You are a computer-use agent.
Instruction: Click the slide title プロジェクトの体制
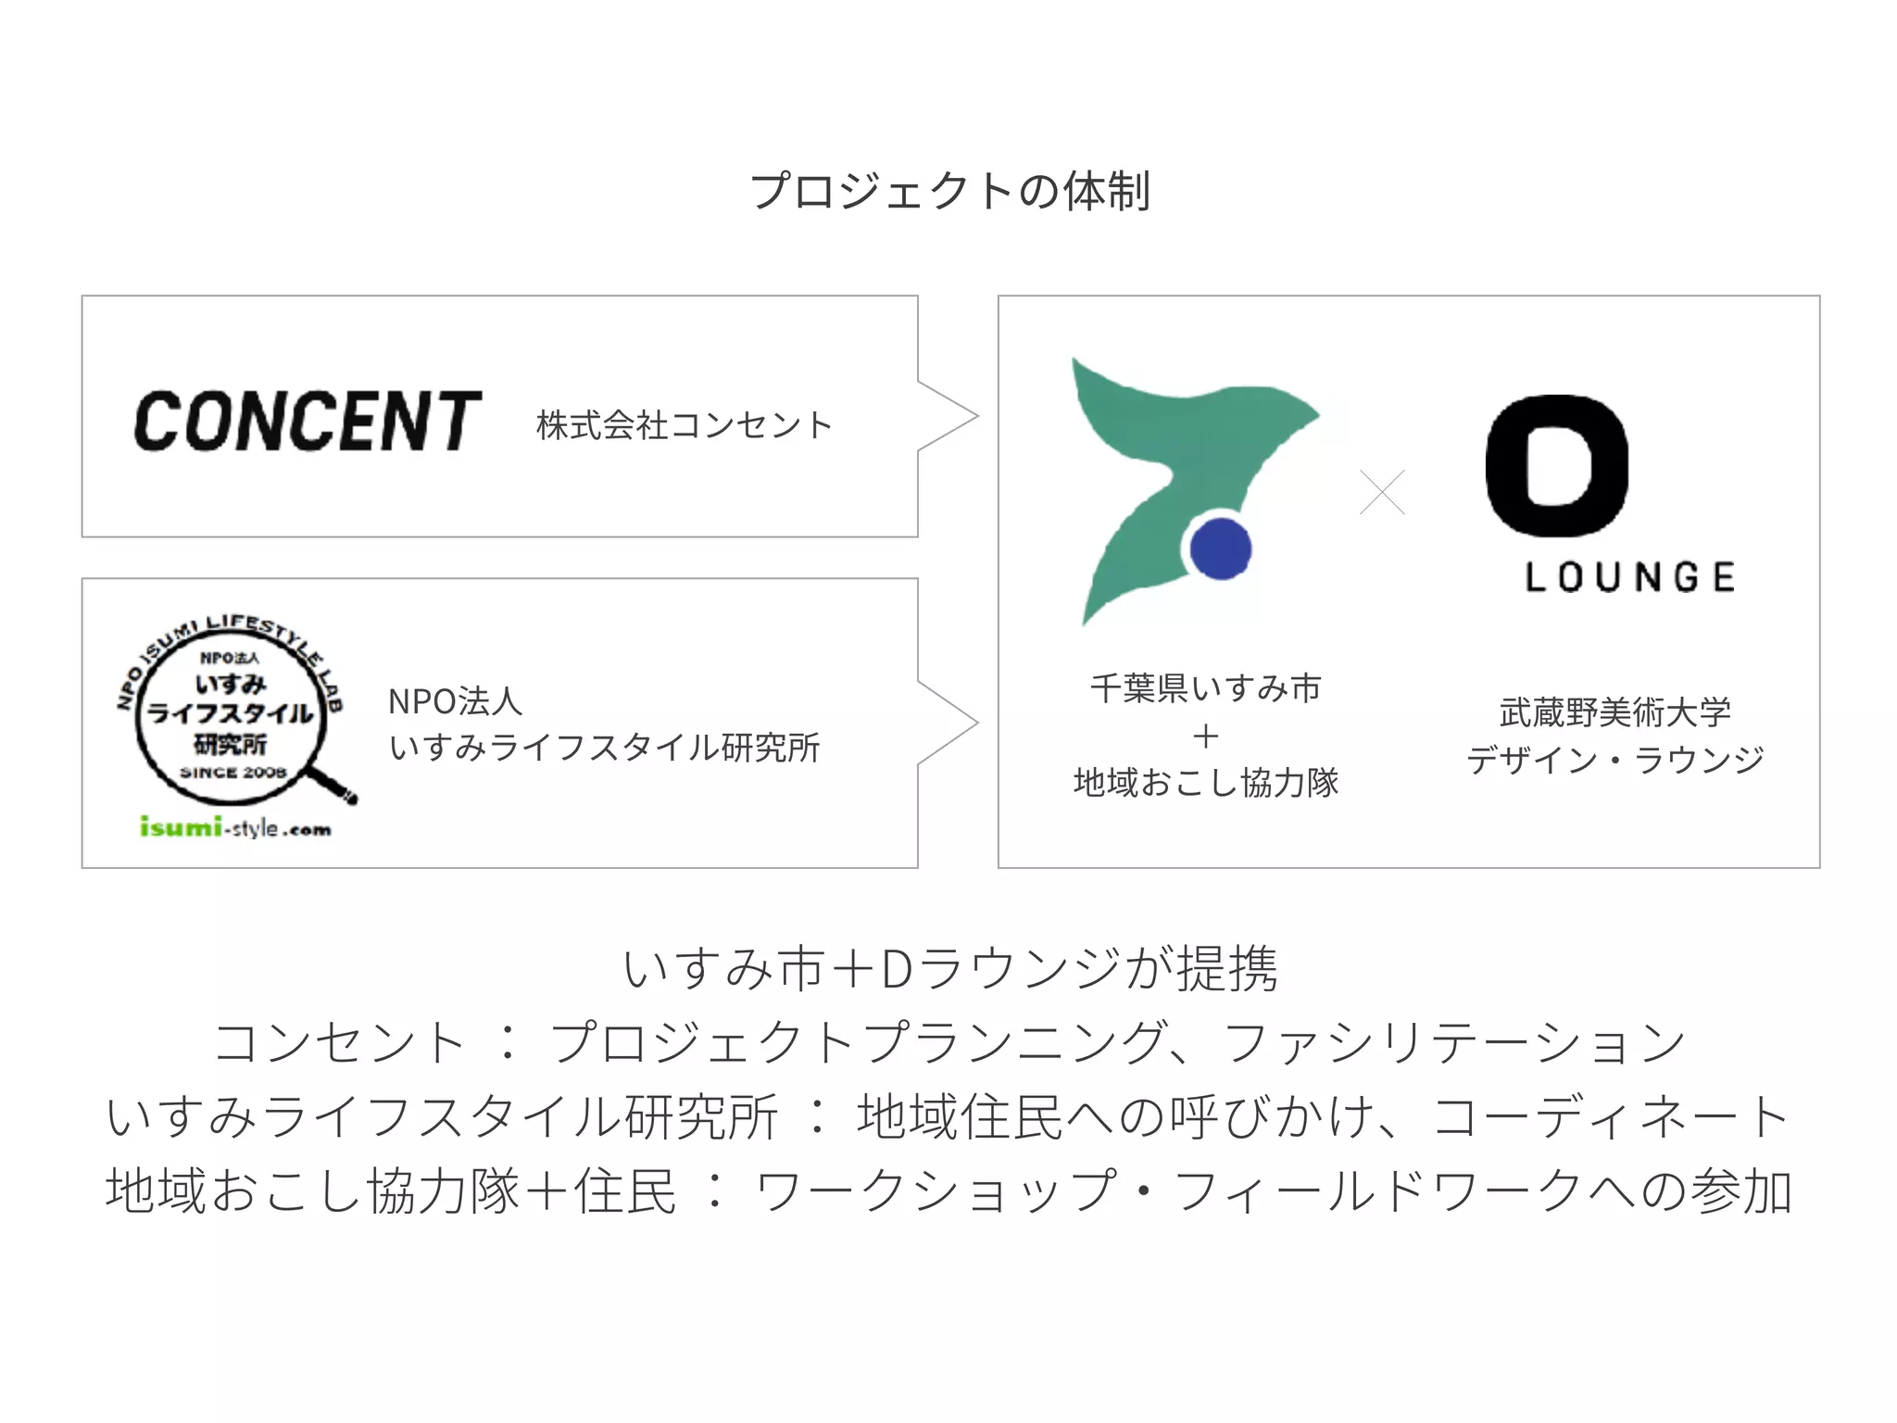(949, 192)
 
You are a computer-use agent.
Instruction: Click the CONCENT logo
(308, 422)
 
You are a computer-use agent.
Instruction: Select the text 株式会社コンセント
(685, 425)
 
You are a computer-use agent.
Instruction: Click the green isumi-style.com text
(235, 826)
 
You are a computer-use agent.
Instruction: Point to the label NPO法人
(455, 701)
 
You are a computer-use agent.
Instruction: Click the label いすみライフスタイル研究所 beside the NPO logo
(604, 748)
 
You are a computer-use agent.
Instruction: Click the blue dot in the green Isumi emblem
(1220, 548)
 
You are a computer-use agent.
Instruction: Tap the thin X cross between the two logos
(1382, 492)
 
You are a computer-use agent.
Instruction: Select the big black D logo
(1556, 466)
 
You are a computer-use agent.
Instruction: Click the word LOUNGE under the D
(1630, 577)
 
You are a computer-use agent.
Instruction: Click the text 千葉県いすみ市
(1205, 688)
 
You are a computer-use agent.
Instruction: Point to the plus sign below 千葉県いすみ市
(1205, 737)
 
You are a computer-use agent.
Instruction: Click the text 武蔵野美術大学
(1614, 712)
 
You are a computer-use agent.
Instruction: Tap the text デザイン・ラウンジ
(1614, 761)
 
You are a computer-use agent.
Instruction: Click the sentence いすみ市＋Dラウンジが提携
(949, 969)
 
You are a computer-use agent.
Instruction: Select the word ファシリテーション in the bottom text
(1454, 1043)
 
